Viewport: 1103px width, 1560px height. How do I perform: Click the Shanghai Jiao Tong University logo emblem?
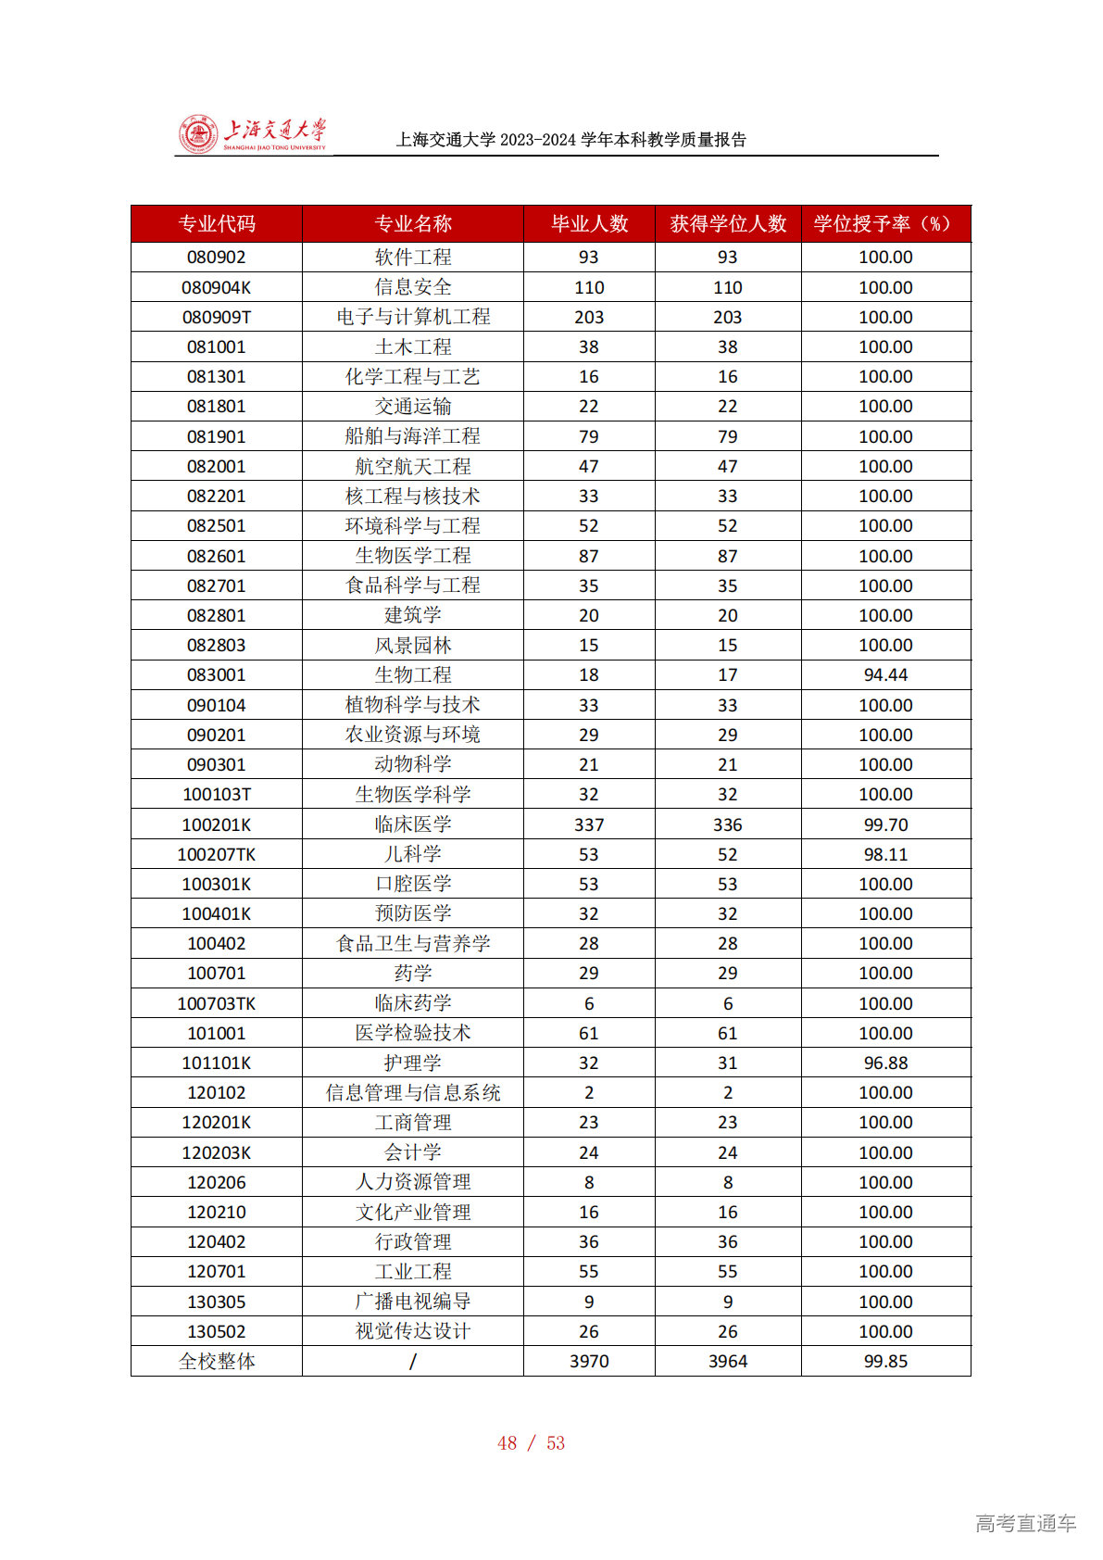[x=197, y=135]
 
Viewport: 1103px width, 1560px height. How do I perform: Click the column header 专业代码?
[x=216, y=224]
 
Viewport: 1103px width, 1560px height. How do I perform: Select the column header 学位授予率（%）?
[x=884, y=224]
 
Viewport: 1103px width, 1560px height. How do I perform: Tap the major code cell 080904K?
[x=216, y=287]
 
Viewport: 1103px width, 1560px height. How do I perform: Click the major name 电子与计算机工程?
[x=412, y=317]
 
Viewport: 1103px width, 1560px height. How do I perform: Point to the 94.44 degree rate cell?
[x=884, y=675]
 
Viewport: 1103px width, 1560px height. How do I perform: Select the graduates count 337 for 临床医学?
[x=588, y=824]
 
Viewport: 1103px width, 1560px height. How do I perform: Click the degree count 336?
[x=727, y=824]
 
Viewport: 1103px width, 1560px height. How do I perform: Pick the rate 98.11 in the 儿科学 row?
[x=884, y=854]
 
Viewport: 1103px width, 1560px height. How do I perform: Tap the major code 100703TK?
[x=216, y=1003]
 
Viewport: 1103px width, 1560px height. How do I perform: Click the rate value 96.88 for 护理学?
[x=884, y=1063]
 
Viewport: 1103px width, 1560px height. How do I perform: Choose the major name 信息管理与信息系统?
[x=412, y=1093]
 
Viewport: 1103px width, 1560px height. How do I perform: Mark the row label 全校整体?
[x=216, y=1362]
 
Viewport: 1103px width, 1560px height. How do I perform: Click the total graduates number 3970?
[x=588, y=1362]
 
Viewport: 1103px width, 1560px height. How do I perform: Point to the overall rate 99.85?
[x=884, y=1362]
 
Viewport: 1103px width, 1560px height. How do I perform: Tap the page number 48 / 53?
[x=531, y=1443]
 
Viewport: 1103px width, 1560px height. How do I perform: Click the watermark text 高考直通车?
[x=1025, y=1523]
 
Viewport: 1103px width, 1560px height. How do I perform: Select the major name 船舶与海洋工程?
[x=412, y=436]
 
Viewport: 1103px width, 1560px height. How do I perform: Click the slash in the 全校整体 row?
[x=412, y=1362]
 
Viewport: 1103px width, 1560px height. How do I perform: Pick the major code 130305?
[x=216, y=1302]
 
